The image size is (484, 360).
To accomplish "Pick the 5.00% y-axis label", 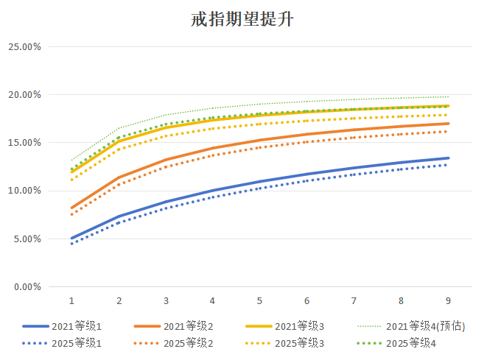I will [x=27, y=239].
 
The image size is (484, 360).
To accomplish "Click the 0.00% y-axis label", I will [x=27, y=287].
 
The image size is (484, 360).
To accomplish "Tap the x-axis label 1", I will [x=71, y=300].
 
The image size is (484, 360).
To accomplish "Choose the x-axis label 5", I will [x=260, y=300].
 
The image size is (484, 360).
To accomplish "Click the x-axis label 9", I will [x=448, y=300].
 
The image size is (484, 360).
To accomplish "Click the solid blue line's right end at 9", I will [x=448, y=158].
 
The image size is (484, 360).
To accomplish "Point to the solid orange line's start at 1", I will [x=71, y=208].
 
